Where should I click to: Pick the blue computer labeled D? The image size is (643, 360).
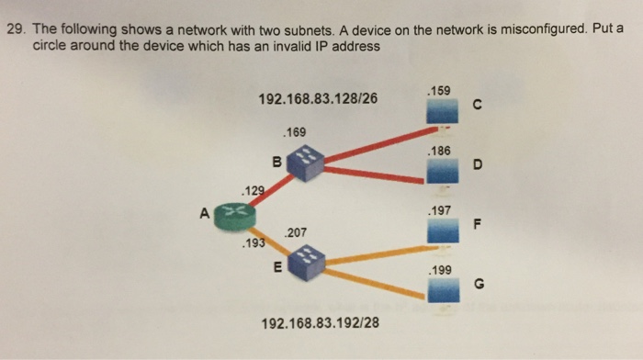[x=443, y=172]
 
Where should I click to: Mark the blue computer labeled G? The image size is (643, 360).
[x=443, y=290]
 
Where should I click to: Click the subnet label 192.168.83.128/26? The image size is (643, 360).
[x=321, y=98]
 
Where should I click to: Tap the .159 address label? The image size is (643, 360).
[x=439, y=91]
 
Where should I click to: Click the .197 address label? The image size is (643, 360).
[x=439, y=210]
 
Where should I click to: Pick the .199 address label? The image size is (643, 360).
[x=439, y=271]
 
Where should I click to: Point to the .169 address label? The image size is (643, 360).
[x=296, y=133]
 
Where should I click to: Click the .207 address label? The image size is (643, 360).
[x=296, y=233]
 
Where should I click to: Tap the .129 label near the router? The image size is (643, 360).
[x=250, y=191]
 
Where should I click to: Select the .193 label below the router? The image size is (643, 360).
[x=250, y=245]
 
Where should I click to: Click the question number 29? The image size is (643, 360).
[x=16, y=29]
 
